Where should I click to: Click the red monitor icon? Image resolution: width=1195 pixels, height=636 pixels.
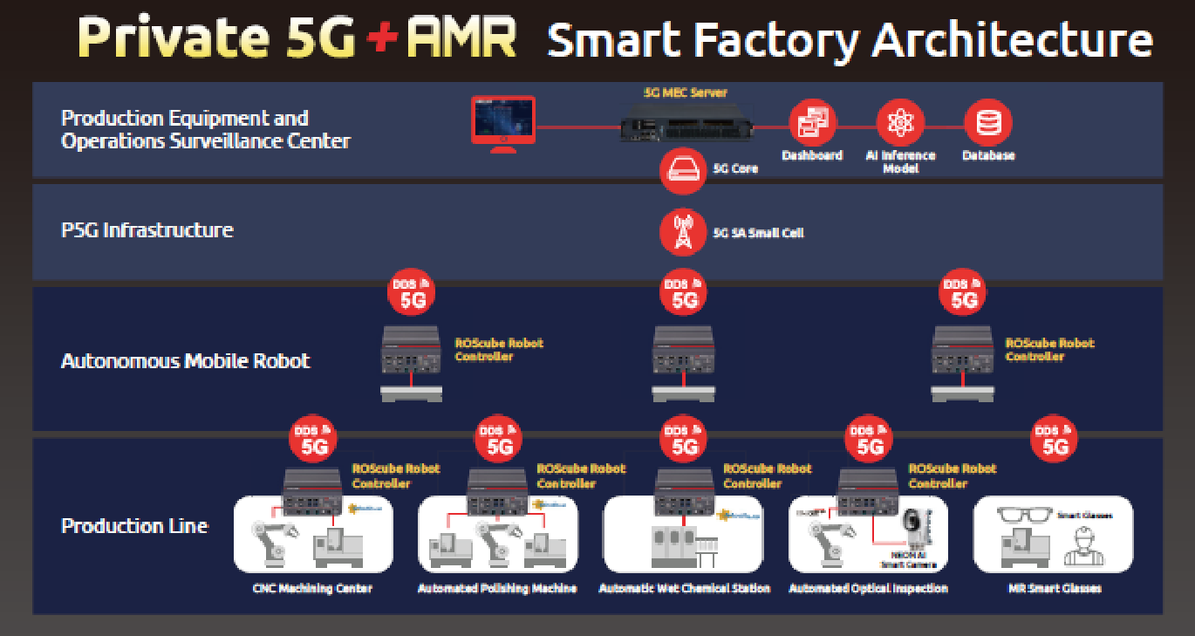point(502,122)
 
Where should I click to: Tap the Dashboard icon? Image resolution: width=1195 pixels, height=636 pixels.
point(812,123)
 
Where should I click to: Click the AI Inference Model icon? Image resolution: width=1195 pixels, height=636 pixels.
point(899,123)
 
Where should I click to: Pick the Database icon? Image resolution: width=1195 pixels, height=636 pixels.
point(988,123)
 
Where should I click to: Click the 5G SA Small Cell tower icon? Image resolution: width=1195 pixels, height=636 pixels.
point(683,232)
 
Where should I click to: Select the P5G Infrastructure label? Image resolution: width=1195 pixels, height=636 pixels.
point(147,230)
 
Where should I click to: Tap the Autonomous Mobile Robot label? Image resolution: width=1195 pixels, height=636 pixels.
point(186,360)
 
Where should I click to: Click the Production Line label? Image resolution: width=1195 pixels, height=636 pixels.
point(134,526)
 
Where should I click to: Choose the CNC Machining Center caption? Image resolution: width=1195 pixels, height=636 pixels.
point(312,589)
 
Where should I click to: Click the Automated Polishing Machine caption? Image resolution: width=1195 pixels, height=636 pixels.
point(497,589)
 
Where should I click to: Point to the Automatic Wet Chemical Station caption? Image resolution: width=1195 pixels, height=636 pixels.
point(685,589)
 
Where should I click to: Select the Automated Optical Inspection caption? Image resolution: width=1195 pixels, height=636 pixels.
point(868,589)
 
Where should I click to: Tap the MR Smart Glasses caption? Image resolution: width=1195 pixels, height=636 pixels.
point(1054,589)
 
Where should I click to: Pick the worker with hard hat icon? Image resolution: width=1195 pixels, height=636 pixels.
point(1083,546)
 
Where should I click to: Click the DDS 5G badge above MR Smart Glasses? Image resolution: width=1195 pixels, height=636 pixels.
point(1054,440)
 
